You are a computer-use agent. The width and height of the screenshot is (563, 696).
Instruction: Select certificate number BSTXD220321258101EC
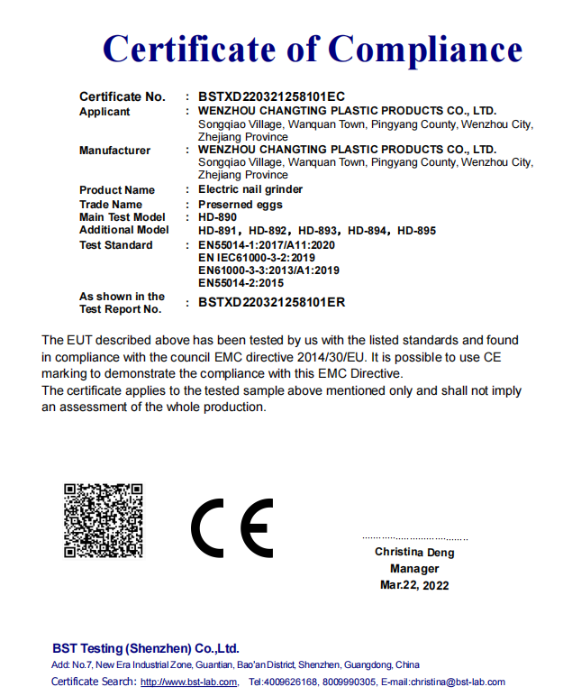271,96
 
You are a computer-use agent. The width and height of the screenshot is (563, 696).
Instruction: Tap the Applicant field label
104,112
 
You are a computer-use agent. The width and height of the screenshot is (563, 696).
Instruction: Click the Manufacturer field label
114,150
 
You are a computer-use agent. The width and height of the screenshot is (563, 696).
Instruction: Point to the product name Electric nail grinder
250,189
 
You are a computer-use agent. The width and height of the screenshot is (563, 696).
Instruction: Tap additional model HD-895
416,231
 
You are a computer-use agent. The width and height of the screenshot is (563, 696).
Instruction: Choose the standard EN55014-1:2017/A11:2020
267,245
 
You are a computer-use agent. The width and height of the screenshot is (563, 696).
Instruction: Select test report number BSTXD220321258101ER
271,303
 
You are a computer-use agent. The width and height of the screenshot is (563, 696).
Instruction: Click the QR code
104,520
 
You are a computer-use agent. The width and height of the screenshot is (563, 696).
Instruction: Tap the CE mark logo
232,527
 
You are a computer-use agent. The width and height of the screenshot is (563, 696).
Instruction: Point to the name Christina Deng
414,553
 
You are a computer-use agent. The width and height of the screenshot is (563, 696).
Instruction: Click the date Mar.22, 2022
414,585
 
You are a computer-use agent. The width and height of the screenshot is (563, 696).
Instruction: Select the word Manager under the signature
414,569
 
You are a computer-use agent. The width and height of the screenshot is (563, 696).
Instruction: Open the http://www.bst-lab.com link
189,682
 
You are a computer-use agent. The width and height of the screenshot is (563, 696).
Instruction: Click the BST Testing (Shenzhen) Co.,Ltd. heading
146,648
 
